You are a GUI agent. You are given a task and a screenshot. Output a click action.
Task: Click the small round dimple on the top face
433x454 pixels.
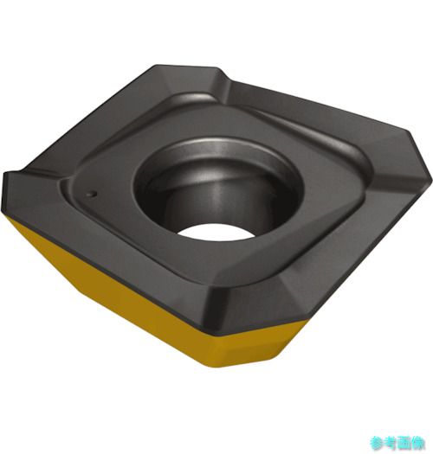(93, 194)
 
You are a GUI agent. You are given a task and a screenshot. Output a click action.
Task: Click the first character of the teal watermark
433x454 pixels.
(377, 443)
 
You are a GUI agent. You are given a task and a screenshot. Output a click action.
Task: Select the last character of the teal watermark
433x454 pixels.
(418, 443)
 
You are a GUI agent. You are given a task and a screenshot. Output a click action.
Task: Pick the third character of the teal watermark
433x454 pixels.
(404, 443)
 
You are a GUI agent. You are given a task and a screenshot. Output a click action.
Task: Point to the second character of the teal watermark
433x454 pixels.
(391, 443)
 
